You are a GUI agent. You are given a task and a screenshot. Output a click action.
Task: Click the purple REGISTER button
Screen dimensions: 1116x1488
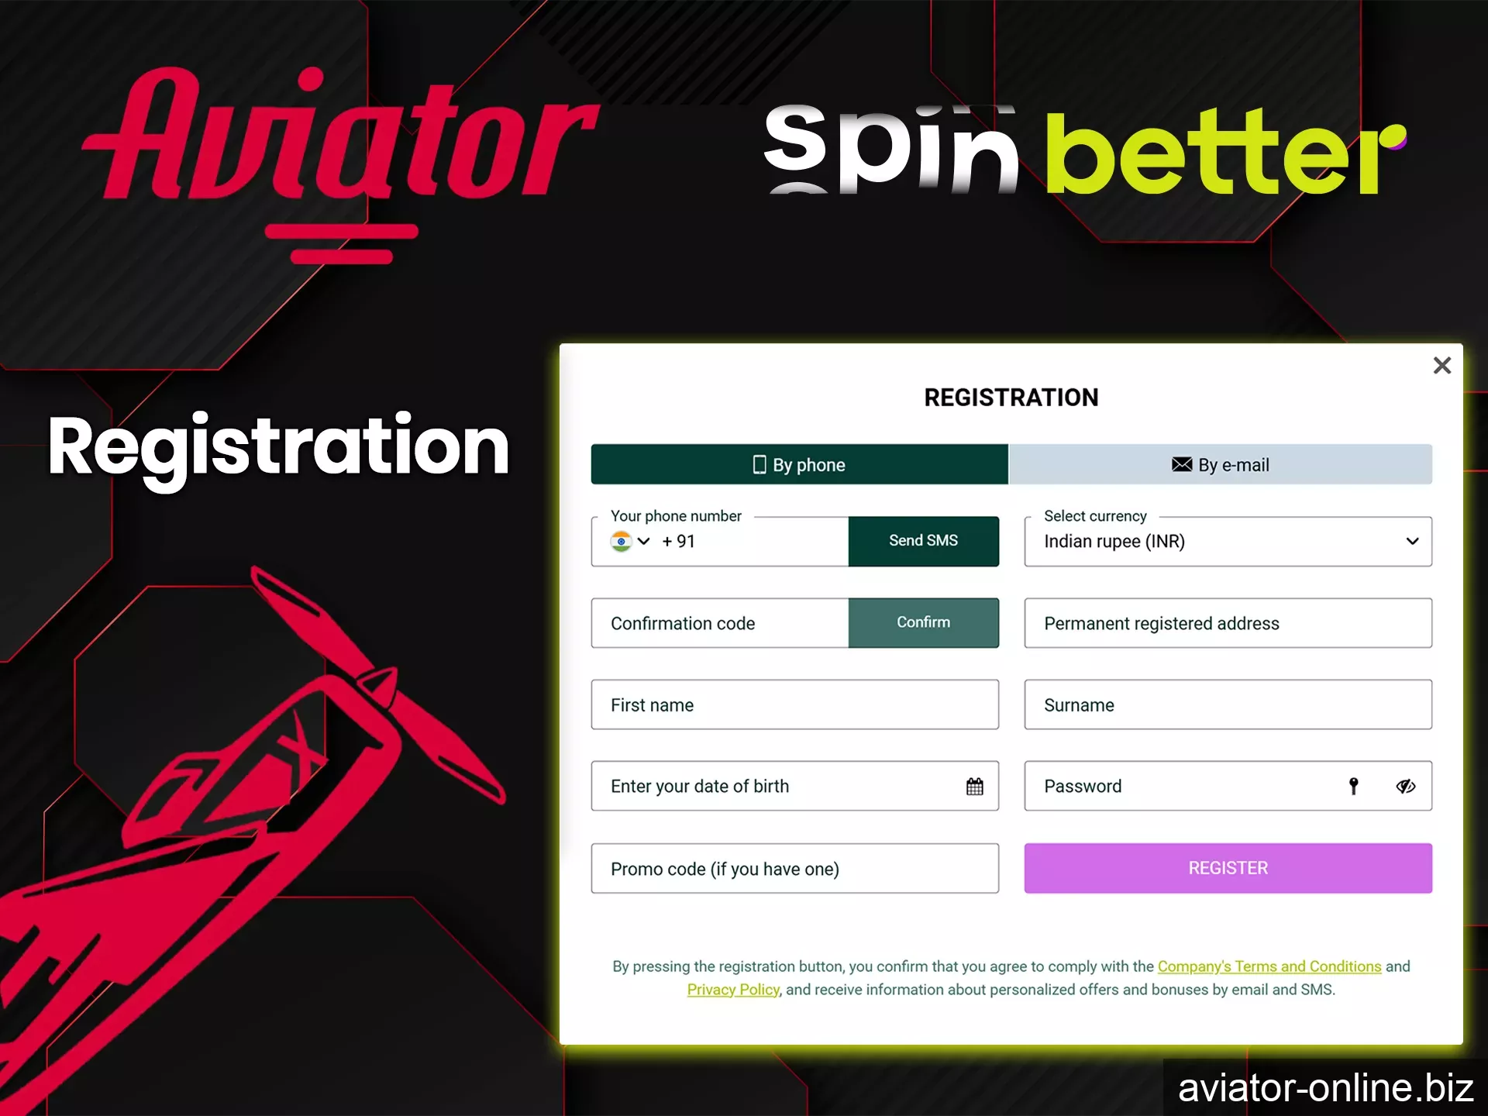point(1228,868)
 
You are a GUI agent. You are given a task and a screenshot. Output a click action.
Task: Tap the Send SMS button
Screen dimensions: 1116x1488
point(923,541)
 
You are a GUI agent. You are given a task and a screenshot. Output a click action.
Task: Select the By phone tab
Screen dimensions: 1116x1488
point(799,464)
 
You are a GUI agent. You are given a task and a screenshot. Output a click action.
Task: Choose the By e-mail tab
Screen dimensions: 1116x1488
point(1220,464)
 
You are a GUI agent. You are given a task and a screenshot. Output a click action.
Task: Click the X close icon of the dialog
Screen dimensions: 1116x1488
point(1441,365)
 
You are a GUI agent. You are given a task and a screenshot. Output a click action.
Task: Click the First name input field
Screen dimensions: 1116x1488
point(794,704)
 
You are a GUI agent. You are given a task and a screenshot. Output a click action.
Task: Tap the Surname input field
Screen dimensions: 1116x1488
point(1228,704)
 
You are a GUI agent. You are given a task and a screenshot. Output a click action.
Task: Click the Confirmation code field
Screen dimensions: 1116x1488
point(719,623)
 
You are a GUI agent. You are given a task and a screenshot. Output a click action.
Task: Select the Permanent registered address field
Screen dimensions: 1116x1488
point(1228,623)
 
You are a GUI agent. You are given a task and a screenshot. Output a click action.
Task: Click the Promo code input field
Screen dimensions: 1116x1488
point(794,869)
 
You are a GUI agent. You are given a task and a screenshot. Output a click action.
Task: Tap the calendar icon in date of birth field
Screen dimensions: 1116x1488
point(974,787)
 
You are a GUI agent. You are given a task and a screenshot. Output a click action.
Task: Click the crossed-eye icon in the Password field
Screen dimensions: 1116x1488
point(1405,787)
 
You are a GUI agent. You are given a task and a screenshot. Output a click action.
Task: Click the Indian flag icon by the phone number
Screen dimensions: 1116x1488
point(621,541)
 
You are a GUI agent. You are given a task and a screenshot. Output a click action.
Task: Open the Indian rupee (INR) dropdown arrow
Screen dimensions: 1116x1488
point(1412,541)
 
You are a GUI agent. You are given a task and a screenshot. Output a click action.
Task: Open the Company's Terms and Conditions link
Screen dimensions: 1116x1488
point(1269,966)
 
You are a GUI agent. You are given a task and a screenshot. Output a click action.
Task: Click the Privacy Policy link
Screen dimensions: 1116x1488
point(732,990)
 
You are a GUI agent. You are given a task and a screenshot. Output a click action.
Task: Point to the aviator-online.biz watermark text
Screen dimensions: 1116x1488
point(1325,1088)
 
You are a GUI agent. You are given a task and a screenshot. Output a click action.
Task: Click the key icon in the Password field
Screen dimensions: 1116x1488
point(1353,787)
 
